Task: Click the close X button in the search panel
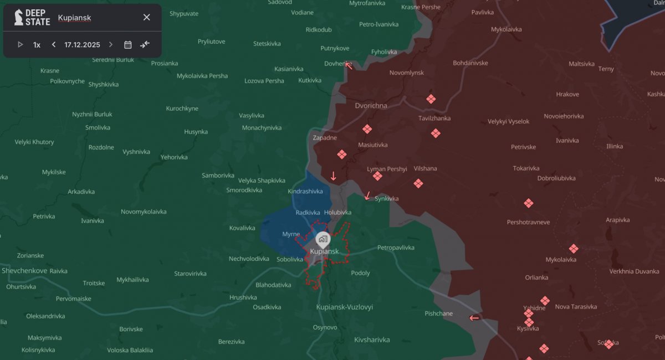pyautogui.click(x=146, y=17)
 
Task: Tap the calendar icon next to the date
pyautogui.click(x=128, y=45)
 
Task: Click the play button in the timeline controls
pyautogui.click(x=21, y=45)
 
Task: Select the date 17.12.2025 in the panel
pyautogui.click(x=82, y=45)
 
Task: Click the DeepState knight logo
pyautogui.click(x=19, y=17)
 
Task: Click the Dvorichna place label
pyautogui.click(x=371, y=105)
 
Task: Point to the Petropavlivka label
pyautogui.click(x=396, y=248)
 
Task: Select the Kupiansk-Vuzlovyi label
pyautogui.click(x=344, y=307)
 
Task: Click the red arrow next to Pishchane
pyautogui.click(x=474, y=318)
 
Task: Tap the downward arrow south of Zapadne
pyautogui.click(x=334, y=176)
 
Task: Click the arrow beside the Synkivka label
pyautogui.click(x=367, y=196)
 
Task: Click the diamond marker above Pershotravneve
pyautogui.click(x=529, y=203)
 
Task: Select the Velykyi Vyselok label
pyautogui.click(x=508, y=121)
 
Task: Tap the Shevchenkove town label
pyautogui.click(x=24, y=271)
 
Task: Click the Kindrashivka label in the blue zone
pyautogui.click(x=305, y=191)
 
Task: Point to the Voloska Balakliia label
pyautogui.click(x=130, y=350)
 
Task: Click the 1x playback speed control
pyautogui.click(x=37, y=45)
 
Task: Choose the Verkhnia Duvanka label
pyautogui.click(x=634, y=271)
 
